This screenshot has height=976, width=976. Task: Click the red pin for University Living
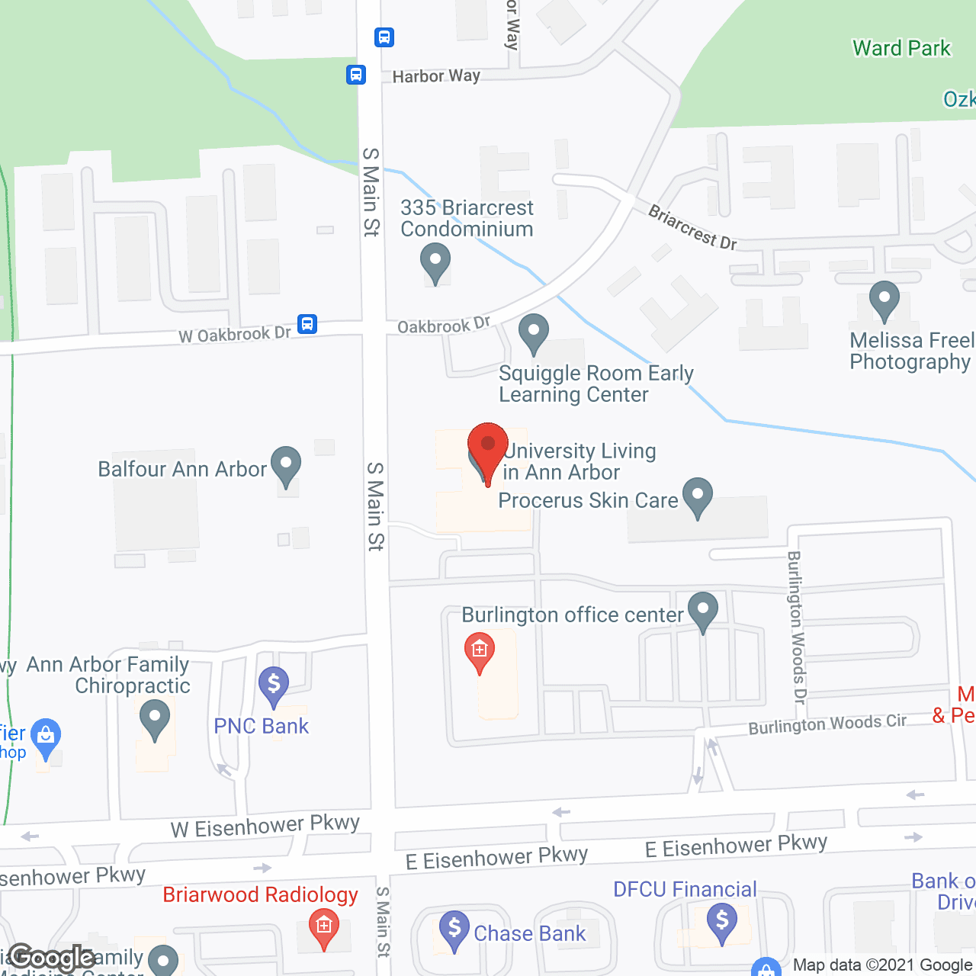click(488, 447)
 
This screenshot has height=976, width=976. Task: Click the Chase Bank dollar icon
click(454, 929)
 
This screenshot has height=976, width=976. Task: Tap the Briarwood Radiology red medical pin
click(324, 927)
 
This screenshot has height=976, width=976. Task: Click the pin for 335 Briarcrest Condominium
click(435, 261)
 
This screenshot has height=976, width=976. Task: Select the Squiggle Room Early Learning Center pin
click(534, 332)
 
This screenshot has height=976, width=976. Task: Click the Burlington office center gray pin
click(703, 610)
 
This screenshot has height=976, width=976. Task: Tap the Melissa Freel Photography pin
click(884, 299)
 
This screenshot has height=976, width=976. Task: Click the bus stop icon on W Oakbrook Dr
click(307, 324)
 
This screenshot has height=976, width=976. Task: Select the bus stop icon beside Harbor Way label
click(356, 75)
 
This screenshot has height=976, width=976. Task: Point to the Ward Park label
click(901, 48)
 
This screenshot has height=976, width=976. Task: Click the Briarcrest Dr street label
click(692, 227)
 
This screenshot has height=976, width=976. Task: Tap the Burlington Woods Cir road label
click(827, 724)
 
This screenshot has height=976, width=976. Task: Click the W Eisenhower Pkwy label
click(265, 826)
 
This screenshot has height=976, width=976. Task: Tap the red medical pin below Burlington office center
click(480, 650)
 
